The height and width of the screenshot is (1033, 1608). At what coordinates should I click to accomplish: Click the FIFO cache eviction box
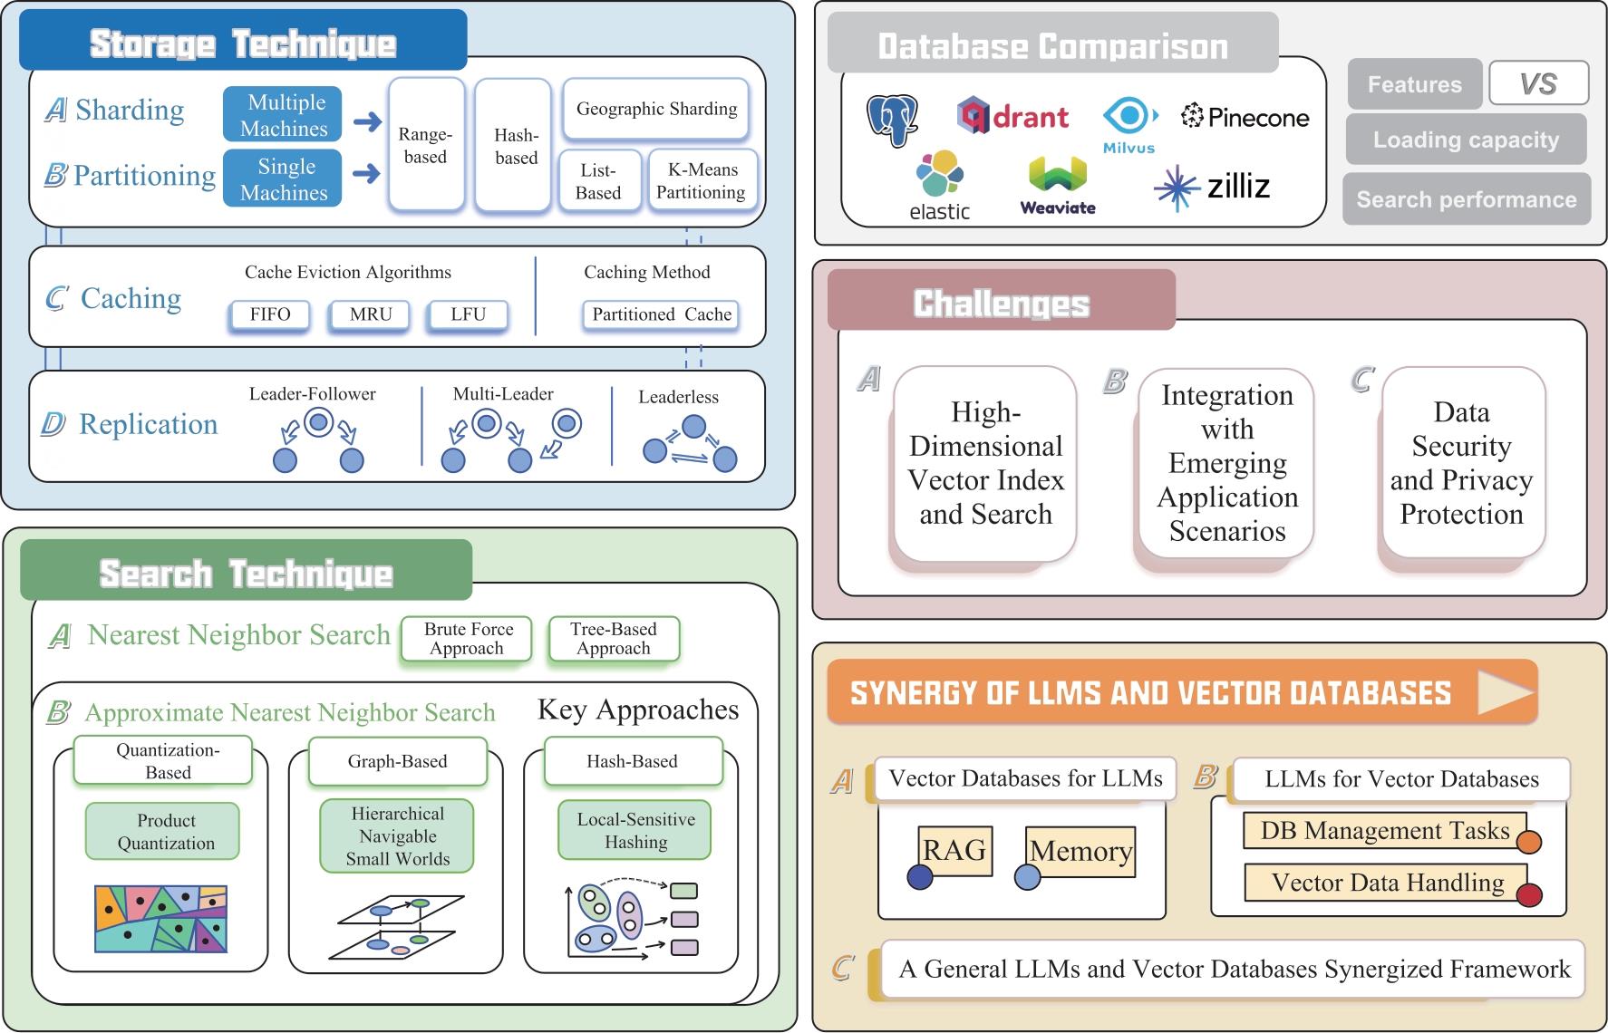point(269,314)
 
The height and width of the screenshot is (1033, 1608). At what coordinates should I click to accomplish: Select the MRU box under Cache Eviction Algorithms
point(371,314)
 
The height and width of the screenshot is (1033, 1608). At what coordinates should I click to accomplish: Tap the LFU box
point(468,314)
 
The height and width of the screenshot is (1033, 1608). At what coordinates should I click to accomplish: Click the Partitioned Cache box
point(662,314)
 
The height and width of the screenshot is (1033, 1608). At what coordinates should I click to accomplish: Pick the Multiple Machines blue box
point(283,114)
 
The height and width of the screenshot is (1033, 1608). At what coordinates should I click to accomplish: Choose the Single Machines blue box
point(283,179)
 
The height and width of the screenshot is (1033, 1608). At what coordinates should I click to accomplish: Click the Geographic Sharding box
point(656,109)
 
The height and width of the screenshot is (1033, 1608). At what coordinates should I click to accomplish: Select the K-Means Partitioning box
point(702,181)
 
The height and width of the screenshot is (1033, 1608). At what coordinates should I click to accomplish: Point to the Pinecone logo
point(1245,117)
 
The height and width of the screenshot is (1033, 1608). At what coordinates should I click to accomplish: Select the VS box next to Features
point(1538,84)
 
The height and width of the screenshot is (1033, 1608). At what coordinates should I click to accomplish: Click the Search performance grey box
point(1467,199)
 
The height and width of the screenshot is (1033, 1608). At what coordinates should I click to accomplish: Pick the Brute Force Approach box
point(466,639)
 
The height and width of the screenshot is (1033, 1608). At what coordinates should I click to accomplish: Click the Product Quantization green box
point(163,831)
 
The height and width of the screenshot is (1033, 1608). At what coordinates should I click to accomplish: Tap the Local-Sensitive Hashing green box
point(634,830)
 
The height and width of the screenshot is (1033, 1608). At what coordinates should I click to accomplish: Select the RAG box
point(954,851)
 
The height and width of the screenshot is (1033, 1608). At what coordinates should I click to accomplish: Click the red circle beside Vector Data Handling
point(1529,895)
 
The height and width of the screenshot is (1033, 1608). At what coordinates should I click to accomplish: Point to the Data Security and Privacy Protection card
point(1461,463)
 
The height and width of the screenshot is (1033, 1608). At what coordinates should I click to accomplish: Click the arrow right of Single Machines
point(367,174)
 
